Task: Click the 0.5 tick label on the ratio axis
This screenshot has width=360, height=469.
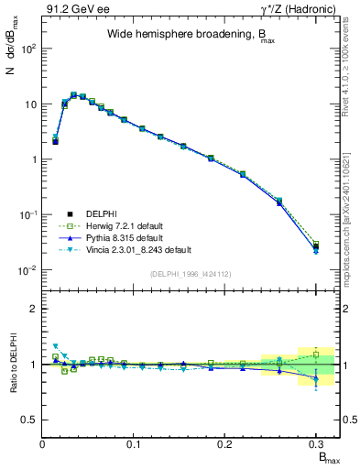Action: (x=30, y=420)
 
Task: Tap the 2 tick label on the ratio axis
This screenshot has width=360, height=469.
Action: (x=34, y=309)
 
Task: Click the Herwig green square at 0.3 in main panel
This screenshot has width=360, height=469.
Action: (x=316, y=245)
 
